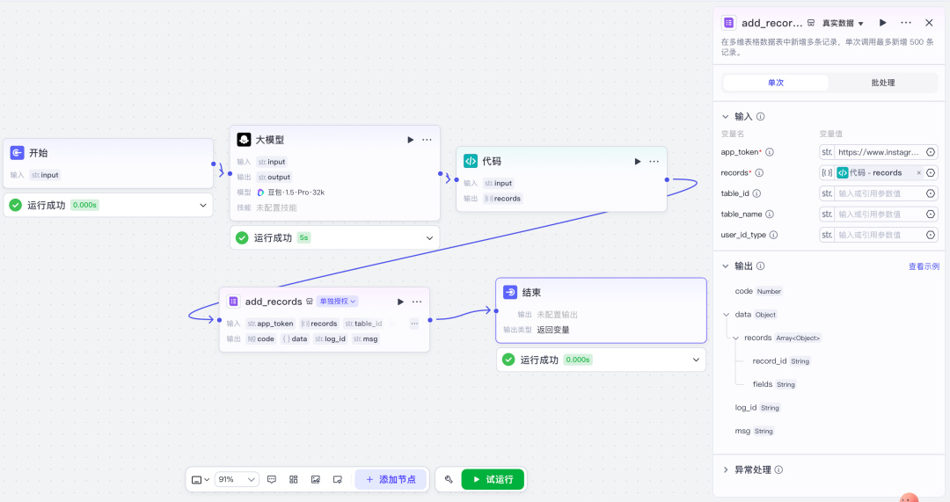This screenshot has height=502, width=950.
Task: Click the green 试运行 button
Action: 493,479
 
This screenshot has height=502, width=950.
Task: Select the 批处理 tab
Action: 882,83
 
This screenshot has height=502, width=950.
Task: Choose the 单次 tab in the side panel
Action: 775,83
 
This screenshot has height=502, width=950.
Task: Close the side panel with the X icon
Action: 929,23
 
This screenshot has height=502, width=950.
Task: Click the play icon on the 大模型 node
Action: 410,140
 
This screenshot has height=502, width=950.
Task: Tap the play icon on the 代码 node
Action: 638,161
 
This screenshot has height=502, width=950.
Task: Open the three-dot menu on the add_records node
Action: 417,302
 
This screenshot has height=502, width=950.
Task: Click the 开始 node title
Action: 39,153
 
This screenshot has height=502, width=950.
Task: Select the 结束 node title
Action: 531,293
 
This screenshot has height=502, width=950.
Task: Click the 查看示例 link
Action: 924,266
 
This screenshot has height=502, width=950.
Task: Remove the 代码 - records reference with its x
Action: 919,173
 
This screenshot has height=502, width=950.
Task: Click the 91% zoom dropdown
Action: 237,479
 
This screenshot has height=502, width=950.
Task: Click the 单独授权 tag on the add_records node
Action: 338,302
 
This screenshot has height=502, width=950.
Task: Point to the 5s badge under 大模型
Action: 303,237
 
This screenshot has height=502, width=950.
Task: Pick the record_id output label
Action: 770,360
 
